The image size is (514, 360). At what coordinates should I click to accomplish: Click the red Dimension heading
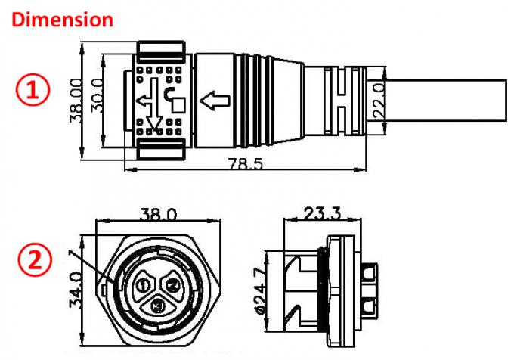(x=63, y=19)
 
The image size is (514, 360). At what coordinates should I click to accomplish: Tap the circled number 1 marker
(x=33, y=91)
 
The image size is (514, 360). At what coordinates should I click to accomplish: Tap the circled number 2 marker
(x=33, y=261)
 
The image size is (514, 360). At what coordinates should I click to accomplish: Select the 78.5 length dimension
(x=244, y=163)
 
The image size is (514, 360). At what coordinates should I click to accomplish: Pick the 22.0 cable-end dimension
(x=380, y=97)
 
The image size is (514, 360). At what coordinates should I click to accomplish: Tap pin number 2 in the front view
(x=172, y=284)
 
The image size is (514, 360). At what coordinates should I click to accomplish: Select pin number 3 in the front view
(x=157, y=307)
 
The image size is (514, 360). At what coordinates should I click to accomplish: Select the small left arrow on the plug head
(x=144, y=99)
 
